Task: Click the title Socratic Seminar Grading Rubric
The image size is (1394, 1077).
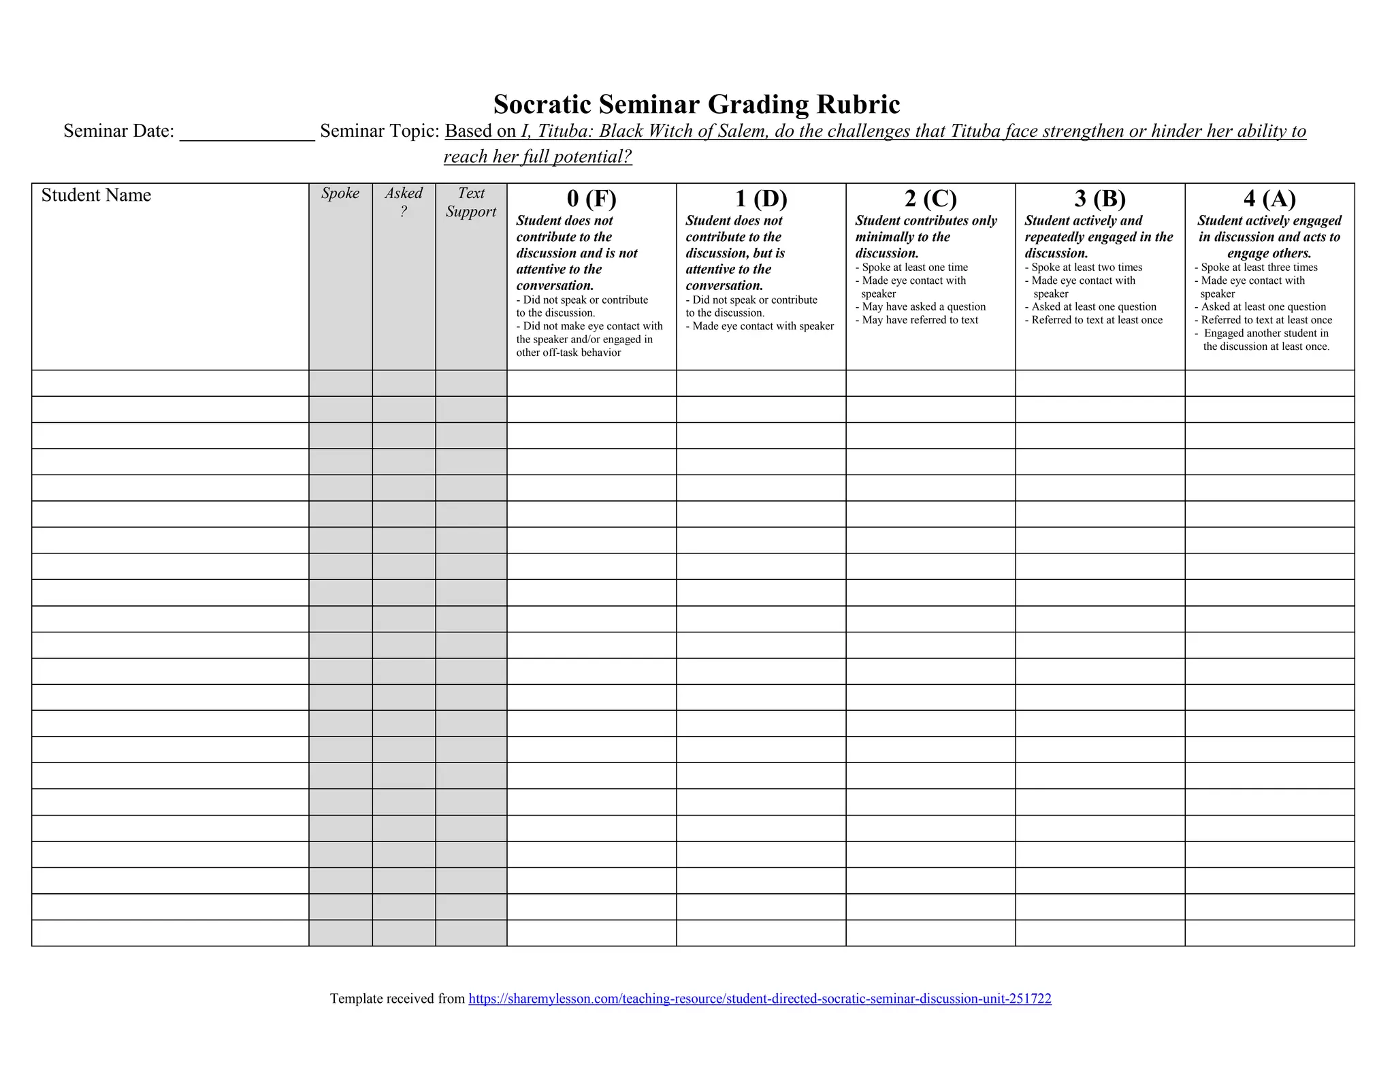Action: [696, 104]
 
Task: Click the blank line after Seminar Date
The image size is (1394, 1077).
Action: [246, 132]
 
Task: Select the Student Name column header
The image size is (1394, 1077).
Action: [96, 195]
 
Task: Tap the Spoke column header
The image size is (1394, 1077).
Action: [340, 193]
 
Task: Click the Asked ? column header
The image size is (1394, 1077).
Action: [404, 202]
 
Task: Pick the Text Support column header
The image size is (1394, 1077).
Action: [471, 202]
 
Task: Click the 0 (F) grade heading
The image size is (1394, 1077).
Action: [591, 198]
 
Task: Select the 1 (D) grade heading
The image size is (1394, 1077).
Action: [761, 198]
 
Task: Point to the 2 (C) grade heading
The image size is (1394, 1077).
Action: [930, 198]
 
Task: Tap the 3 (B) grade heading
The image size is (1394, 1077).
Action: [1100, 198]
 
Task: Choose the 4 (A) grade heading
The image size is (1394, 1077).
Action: [1269, 198]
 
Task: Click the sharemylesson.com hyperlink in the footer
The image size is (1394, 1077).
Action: [760, 999]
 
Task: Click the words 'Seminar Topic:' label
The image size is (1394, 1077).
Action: [380, 131]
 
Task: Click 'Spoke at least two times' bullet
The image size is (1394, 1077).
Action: [1086, 268]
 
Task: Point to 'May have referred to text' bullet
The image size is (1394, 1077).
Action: [920, 320]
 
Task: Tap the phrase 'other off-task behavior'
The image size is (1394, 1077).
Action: [568, 353]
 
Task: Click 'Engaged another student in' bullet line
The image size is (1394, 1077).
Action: [1265, 334]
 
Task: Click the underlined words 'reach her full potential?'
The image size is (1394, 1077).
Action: [538, 157]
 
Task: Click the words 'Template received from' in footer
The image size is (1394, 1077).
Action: [398, 999]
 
